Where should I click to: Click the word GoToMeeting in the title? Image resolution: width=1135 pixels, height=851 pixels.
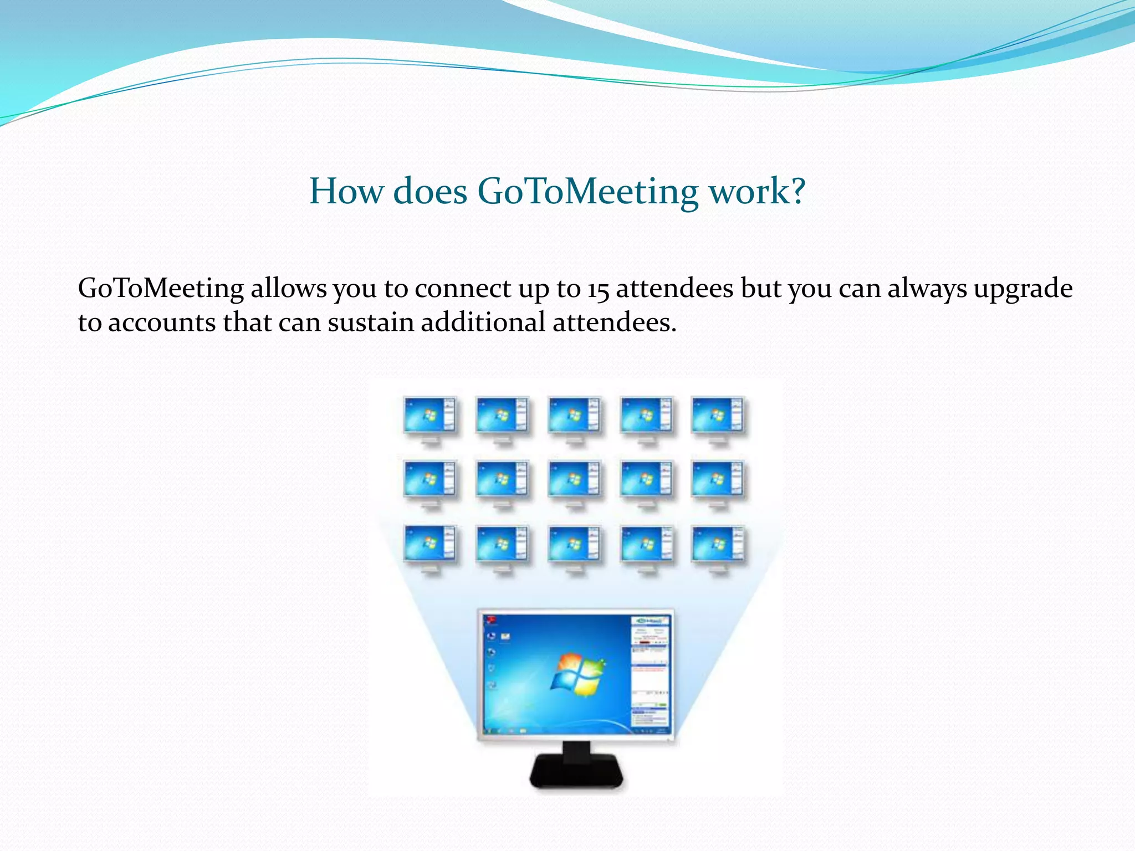coord(587,192)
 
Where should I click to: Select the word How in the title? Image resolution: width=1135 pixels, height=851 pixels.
coord(346,192)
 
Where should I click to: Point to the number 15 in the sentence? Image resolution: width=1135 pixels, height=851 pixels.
coord(598,289)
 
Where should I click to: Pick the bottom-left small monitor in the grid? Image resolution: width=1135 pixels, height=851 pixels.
coord(430,545)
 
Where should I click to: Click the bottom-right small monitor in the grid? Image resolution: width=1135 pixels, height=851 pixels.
coord(718,545)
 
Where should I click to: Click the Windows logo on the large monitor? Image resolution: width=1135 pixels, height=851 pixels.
coord(577,674)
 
